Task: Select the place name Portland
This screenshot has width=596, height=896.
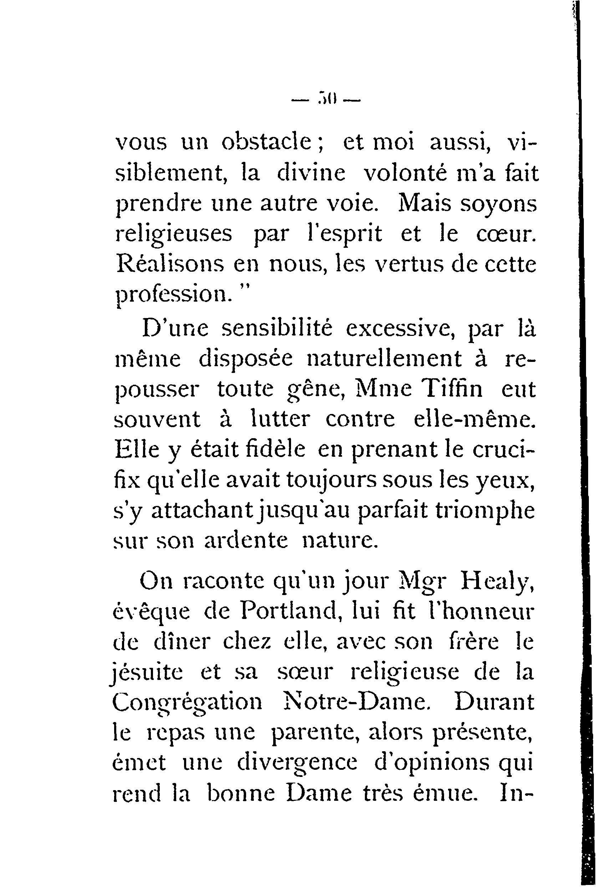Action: coord(289,612)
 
